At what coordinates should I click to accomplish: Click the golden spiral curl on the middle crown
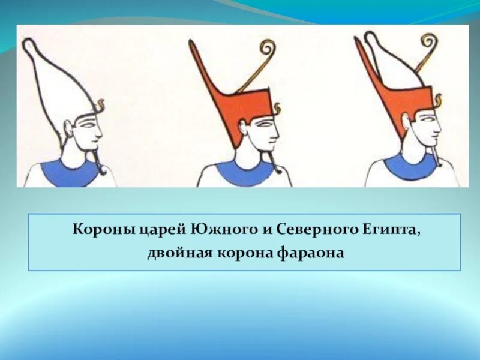(266, 48)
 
